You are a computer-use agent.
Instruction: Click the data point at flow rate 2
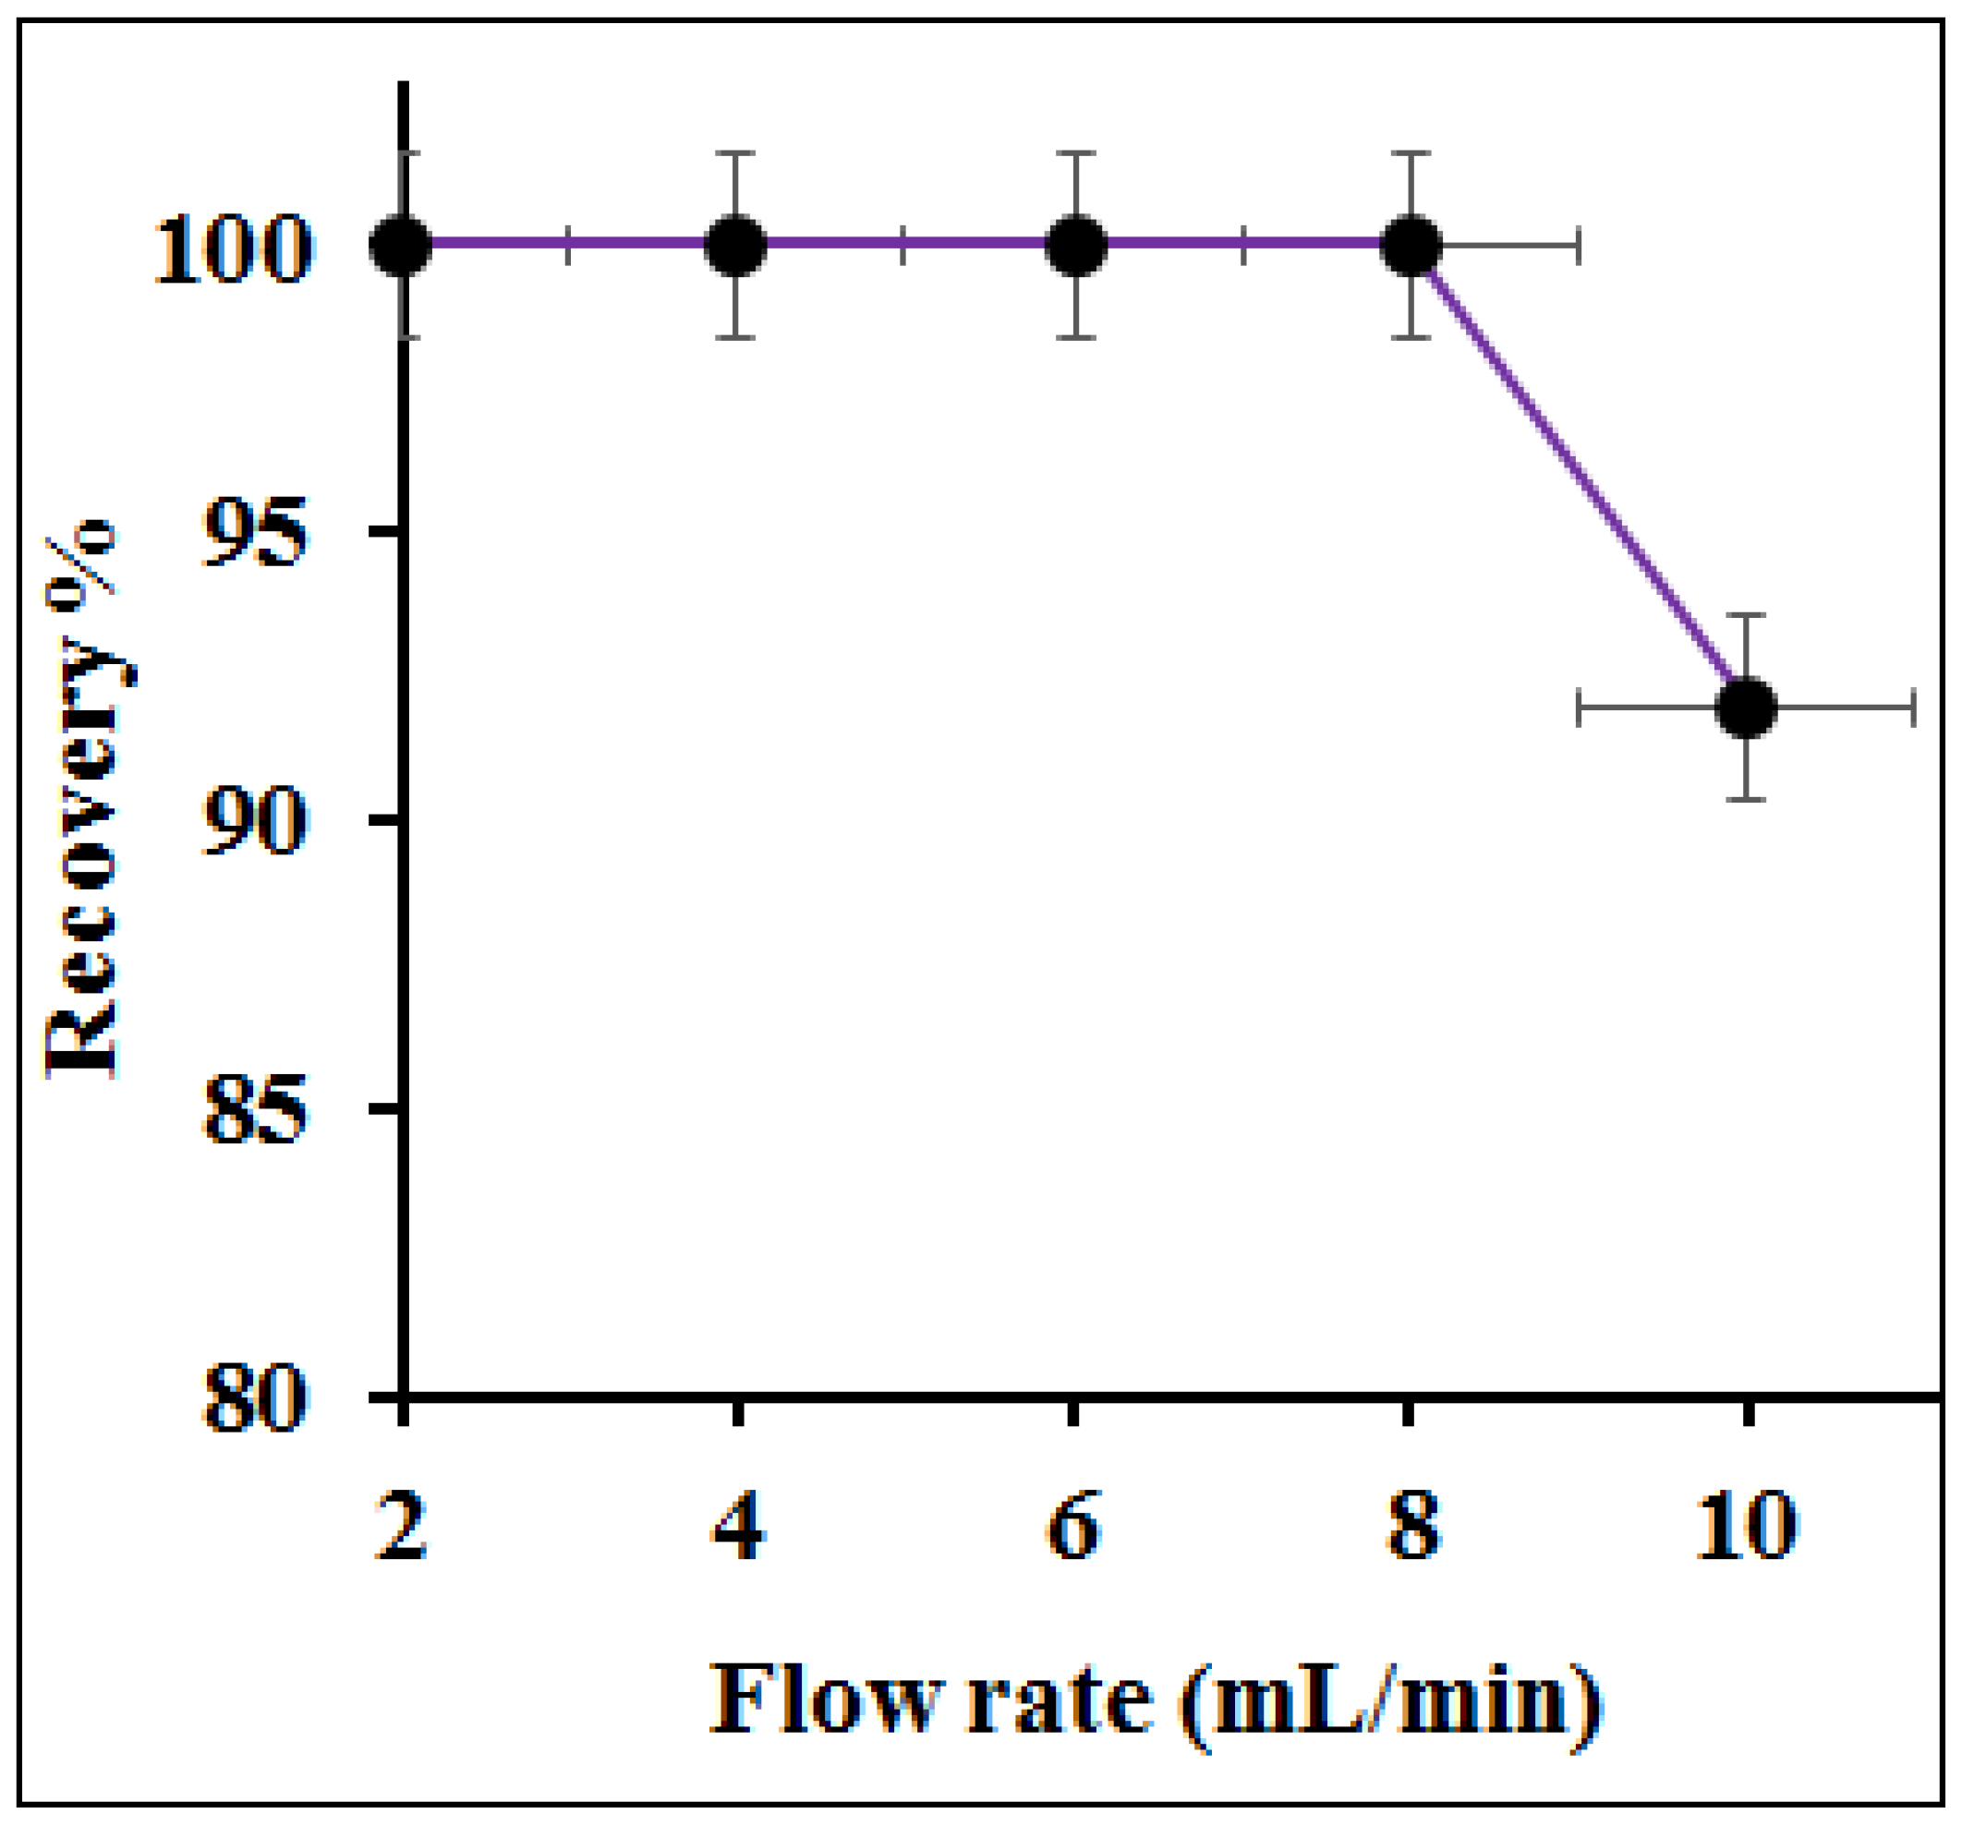pyautogui.click(x=401, y=245)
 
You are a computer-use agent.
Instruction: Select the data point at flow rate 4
pyautogui.click(x=736, y=245)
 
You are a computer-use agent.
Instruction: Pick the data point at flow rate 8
pyautogui.click(x=1412, y=245)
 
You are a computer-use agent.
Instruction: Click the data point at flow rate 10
pyautogui.click(x=1747, y=707)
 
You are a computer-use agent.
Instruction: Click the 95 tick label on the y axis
pyautogui.click(x=254, y=533)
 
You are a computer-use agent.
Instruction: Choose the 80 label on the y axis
pyautogui.click(x=254, y=1397)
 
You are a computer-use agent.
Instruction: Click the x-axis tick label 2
pyautogui.click(x=402, y=1528)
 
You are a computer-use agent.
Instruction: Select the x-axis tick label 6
pyautogui.click(x=1073, y=1528)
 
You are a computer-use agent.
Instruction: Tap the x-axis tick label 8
pyautogui.click(x=1411, y=1528)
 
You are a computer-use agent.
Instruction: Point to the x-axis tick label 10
pyautogui.click(x=1746, y=1528)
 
